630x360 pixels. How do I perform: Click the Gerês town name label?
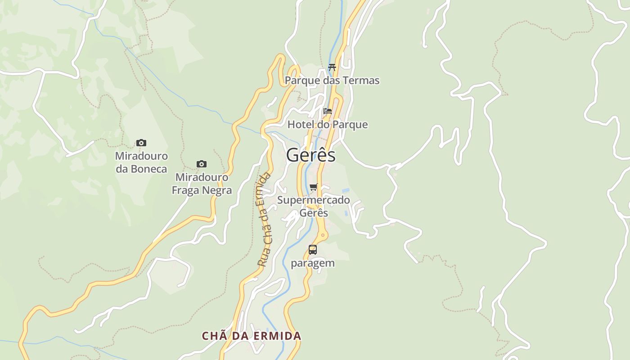(x=311, y=155)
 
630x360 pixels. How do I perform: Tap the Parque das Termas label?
(x=332, y=81)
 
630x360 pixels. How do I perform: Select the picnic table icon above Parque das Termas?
(x=332, y=67)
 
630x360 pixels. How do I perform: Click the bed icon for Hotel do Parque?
(x=328, y=111)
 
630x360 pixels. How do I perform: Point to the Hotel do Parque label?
(x=328, y=125)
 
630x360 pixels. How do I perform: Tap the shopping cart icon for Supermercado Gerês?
(x=314, y=187)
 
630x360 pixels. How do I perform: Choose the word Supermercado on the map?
(x=314, y=200)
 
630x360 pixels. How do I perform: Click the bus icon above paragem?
(x=313, y=249)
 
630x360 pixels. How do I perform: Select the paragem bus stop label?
(x=313, y=263)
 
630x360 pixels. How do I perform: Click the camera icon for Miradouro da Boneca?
(x=141, y=143)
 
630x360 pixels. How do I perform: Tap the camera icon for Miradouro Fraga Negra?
(x=202, y=164)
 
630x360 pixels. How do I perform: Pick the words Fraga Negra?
(x=202, y=190)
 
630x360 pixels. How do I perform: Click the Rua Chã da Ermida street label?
(x=264, y=219)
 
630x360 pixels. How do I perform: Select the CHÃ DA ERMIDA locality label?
(x=252, y=336)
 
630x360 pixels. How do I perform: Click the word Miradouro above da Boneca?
(x=141, y=156)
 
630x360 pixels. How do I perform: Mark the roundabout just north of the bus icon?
(x=323, y=235)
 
